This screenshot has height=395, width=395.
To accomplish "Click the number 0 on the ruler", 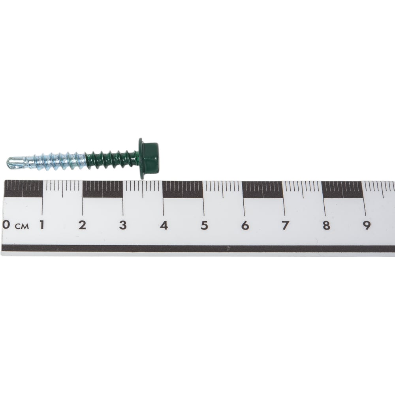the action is coord(6,224).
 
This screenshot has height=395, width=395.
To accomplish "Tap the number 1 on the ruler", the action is coord(42,224).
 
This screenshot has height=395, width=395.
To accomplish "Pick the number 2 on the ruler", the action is coord(82,225).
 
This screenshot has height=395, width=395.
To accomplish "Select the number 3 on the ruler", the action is coord(123,225).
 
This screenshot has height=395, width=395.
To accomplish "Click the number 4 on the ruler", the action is coord(164,225).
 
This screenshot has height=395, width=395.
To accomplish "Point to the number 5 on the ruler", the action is coord(205,226).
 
